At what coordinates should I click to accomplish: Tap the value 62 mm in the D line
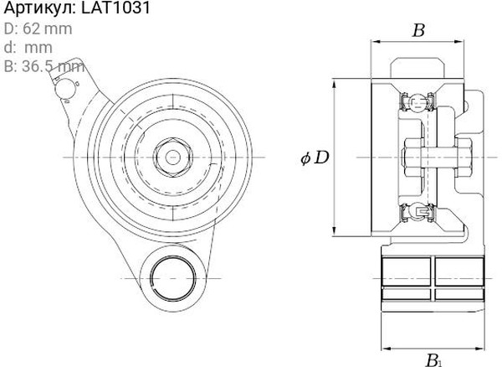(x=48, y=28)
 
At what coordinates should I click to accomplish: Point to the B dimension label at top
(x=418, y=31)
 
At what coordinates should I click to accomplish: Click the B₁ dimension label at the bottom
(x=433, y=360)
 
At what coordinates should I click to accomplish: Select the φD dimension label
(x=315, y=158)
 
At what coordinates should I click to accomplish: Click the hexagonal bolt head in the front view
(x=173, y=158)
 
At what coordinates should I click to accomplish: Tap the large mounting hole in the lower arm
(x=173, y=278)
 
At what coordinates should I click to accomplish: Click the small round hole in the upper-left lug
(x=64, y=89)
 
